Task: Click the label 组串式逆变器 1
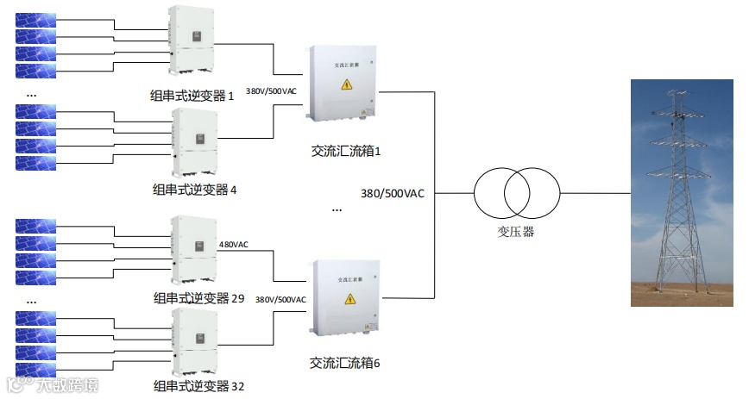tap(192, 96)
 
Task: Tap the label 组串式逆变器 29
tap(198, 298)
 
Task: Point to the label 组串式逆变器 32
tap(198, 385)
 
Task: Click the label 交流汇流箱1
tap(346, 151)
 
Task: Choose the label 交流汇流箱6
tap(345, 363)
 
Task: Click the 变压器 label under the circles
tap(516, 232)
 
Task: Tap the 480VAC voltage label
tap(233, 245)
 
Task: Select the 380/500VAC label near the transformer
tap(393, 194)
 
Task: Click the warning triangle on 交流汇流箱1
tap(347, 84)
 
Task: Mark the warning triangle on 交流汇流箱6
tap(350, 298)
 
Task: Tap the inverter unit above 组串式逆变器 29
tap(193, 249)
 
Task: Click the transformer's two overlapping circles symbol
tap(516, 192)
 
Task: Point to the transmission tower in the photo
tap(682, 190)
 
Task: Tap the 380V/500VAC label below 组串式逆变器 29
tap(280, 300)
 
